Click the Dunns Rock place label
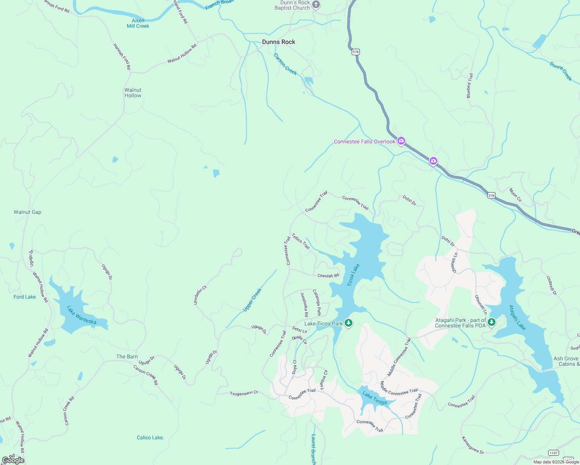278,42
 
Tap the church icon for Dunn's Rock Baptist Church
316,5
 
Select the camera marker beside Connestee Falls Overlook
401,141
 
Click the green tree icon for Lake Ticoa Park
349,323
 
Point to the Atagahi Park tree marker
492,322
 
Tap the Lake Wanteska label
81,315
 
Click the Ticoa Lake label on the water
353,275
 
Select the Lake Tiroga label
375,398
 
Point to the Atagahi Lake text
517,318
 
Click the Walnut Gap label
28,212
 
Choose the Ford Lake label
25,297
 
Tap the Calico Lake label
150,437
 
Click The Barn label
127,356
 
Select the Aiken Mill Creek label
138,23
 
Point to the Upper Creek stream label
252,300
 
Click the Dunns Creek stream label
561,71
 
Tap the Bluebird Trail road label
470,86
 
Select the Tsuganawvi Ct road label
244,393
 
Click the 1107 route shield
554,453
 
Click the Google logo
13,460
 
